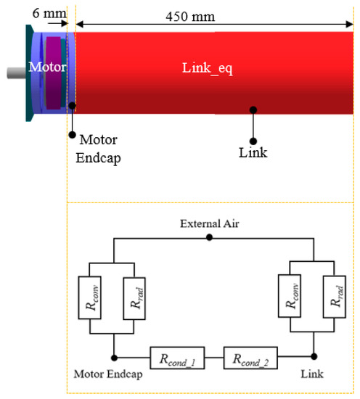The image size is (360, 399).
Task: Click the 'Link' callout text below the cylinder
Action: (x=253, y=152)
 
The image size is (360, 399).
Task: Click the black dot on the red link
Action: (x=253, y=110)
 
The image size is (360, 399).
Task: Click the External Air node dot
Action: (x=210, y=237)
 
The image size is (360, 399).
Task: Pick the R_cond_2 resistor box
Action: (x=251, y=357)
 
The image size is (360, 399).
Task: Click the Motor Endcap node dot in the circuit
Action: (x=112, y=357)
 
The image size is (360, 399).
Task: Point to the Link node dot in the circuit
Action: (x=313, y=357)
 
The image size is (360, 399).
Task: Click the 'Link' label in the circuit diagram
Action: (x=314, y=375)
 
